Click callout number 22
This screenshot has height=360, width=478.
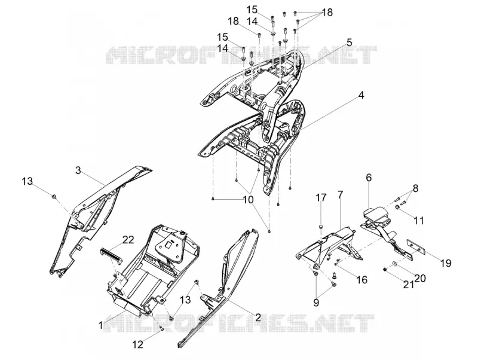click(128, 240)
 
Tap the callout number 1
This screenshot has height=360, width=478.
click(101, 325)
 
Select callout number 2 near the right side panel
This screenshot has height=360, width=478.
click(258, 318)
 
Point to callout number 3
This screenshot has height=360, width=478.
click(78, 170)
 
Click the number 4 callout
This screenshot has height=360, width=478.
click(361, 95)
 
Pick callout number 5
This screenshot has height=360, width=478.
click(349, 42)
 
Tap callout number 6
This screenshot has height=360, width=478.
click(369, 178)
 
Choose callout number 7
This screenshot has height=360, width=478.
click(340, 194)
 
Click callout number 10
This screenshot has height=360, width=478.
click(249, 200)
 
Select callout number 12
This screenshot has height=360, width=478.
click(138, 344)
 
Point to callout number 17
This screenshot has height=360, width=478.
click(321, 197)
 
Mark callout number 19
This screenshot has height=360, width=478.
click(446, 263)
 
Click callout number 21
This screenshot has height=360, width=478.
click(409, 285)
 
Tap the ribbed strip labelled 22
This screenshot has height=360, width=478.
click(112, 255)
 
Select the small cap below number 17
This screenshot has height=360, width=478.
click(320, 227)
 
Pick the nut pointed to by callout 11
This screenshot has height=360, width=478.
click(398, 208)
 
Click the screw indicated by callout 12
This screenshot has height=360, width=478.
click(161, 328)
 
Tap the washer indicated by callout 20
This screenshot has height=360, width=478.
click(394, 263)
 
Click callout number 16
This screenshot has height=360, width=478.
click(362, 279)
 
